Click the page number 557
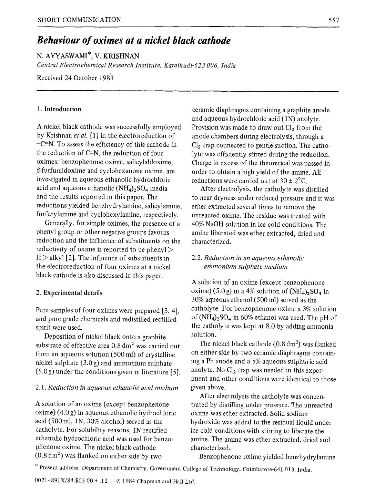click(334, 20)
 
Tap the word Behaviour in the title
click(59, 41)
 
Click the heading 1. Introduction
click(59, 109)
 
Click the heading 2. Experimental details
click(69, 293)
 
